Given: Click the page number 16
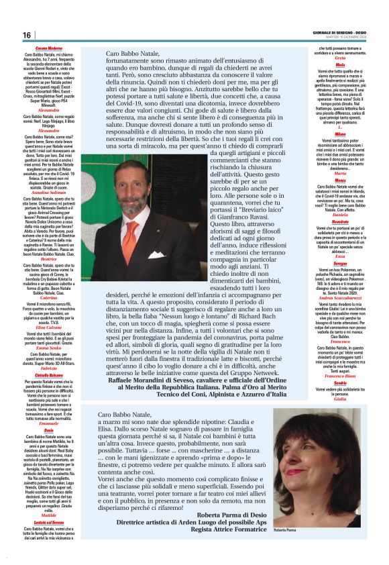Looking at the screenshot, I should coord(27,35).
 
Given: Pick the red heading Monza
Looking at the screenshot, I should coord(341,180).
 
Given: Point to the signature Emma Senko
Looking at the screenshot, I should coord(48,348).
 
